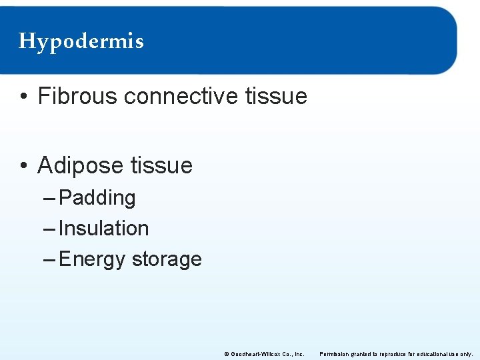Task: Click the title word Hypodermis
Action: pyautogui.click(x=81, y=41)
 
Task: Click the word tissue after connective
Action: pyautogui.click(x=276, y=96)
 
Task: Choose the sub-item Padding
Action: pyautogui.click(x=97, y=198)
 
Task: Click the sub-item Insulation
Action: pyautogui.click(x=103, y=228)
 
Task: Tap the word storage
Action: pyautogui.click(x=167, y=259)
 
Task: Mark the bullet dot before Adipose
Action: pyautogui.click(x=23, y=166)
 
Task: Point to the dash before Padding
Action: pyautogui.click(x=50, y=198)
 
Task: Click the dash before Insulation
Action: pyautogui.click(x=50, y=229)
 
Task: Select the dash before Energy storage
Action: pyautogui.click(x=50, y=259)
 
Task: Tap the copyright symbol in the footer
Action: pyautogui.click(x=227, y=353)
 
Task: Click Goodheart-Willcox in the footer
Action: pyautogui.click(x=256, y=353)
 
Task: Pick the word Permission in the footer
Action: pyautogui.click(x=334, y=353)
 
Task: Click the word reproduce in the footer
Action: pyautogui.click(x=388, y=353)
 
